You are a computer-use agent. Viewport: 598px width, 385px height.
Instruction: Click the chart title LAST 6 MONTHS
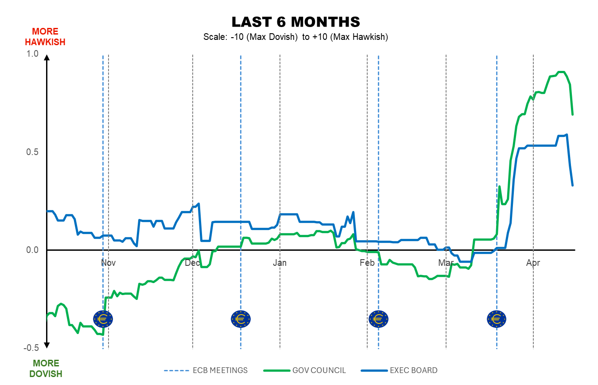296,22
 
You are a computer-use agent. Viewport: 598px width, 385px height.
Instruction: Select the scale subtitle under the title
296,37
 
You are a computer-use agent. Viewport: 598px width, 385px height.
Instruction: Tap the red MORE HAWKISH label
45,37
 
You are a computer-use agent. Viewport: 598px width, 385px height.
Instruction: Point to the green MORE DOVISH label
46,369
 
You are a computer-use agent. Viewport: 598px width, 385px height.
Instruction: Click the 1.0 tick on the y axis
33,54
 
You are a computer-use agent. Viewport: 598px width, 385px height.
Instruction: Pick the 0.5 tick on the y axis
33,152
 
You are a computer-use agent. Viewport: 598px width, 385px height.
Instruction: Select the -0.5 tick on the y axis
32,347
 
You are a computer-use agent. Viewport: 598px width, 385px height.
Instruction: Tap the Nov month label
108,263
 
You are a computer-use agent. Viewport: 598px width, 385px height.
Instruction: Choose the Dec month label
193,263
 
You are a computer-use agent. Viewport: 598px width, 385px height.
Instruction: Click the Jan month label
280,263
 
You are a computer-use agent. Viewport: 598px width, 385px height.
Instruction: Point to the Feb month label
367,263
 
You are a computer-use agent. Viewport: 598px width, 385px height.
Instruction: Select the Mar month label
446,263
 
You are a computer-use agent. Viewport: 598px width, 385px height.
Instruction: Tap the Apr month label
533,263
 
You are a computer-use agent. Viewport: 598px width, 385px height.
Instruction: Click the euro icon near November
103,318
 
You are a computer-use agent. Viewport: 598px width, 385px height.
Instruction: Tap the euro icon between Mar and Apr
497,319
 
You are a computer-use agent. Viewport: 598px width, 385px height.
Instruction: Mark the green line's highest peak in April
561,72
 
